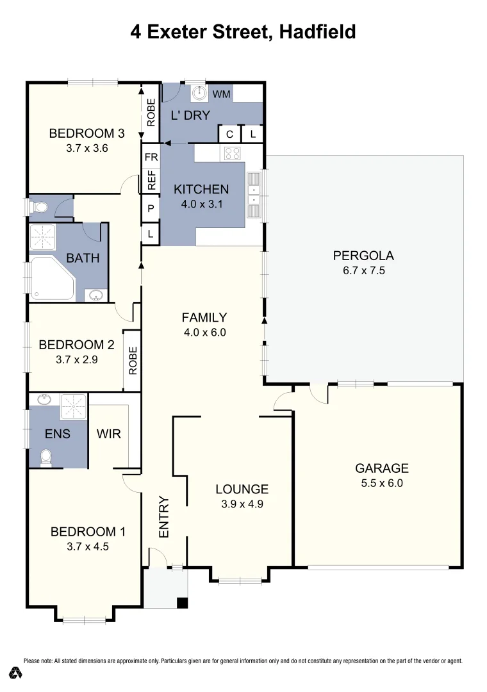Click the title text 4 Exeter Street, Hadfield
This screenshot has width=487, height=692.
(243, 31)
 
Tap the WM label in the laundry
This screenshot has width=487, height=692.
(221, 95)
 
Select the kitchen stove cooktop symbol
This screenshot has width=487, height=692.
(232, 153)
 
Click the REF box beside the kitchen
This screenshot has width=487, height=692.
(151, 180)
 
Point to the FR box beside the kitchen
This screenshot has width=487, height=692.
(151, 156)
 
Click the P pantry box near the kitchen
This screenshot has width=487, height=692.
(151, 208)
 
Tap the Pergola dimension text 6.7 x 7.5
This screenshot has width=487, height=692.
(363, 270)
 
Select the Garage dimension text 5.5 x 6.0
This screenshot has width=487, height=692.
(381, 484)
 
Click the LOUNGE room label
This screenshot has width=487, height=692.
(242, 489)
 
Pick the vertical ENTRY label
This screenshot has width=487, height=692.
(164, 517)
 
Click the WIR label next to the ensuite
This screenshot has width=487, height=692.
(108, 434)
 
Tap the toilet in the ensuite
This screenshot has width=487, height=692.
(45, 457)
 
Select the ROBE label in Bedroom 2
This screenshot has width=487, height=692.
(133, 360)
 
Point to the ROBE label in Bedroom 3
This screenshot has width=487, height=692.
(151, 112)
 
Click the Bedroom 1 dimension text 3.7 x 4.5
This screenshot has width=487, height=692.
(88, 547)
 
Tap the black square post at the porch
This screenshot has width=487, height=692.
(183, 602)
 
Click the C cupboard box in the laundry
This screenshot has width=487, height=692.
(229, 134)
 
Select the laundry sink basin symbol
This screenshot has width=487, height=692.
(199, 93)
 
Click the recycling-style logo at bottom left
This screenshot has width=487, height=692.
(17, 673)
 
